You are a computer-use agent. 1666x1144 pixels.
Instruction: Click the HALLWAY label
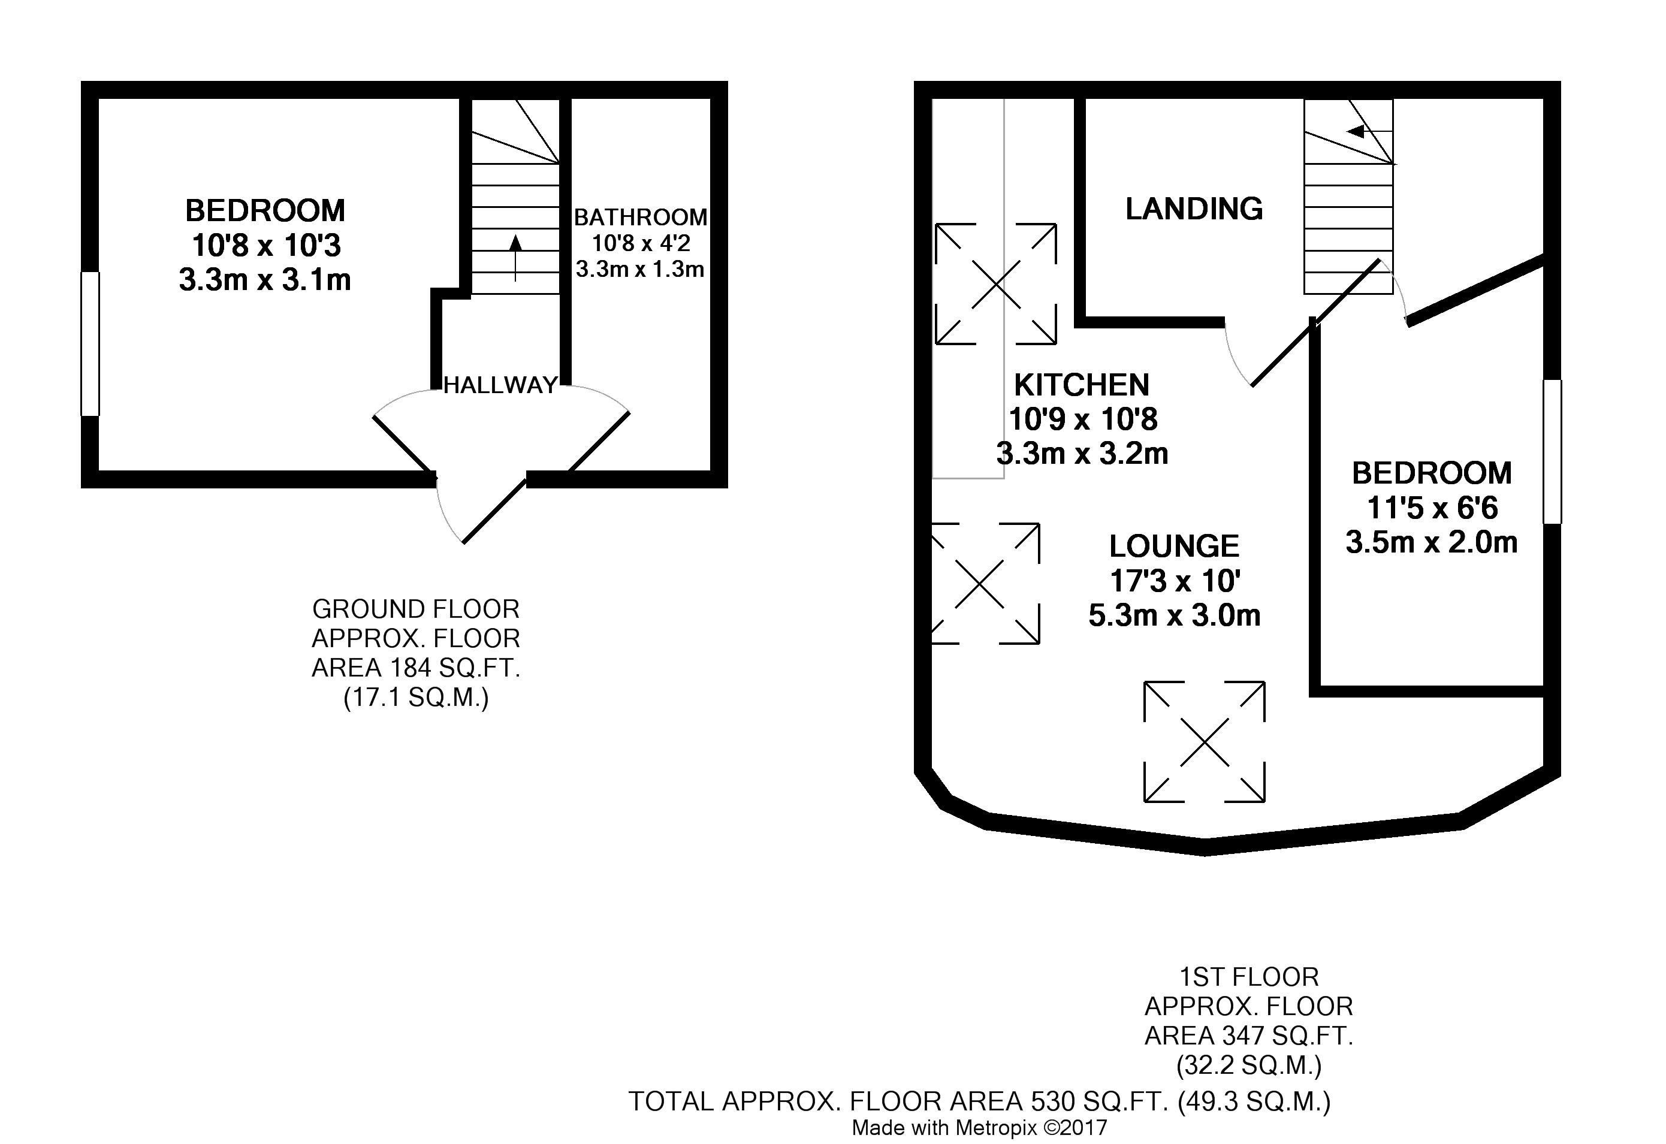(x=500, y=386)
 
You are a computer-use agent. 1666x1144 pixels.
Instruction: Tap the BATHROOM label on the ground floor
(x=641, y=216)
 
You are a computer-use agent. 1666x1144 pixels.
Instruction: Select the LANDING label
(x=1194, y=209)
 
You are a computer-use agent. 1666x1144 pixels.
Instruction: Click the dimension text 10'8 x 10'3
(x=266, y=245)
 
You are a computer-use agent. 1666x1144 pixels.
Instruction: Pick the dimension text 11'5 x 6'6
(x=1432, y=508)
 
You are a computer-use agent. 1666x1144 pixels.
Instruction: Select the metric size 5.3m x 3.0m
(x=1174, y=615)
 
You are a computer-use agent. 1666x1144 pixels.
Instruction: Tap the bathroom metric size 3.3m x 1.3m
(x=640, y=269)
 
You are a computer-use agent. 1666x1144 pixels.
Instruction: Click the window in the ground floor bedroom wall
(x=90, y=343)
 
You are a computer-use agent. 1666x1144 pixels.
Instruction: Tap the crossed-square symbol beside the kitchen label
(x=996, y=284)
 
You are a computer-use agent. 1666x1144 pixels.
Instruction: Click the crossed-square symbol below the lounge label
(x=1205, y=742)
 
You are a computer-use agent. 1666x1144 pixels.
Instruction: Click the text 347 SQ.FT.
(x=1288, y=1036)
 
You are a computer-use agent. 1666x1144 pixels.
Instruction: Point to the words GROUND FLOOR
(x=416, y=609)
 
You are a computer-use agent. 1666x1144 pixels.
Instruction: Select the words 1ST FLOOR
(x=1249, y=977)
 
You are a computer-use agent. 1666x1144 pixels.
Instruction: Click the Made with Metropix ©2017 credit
(x=979, y=1127)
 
